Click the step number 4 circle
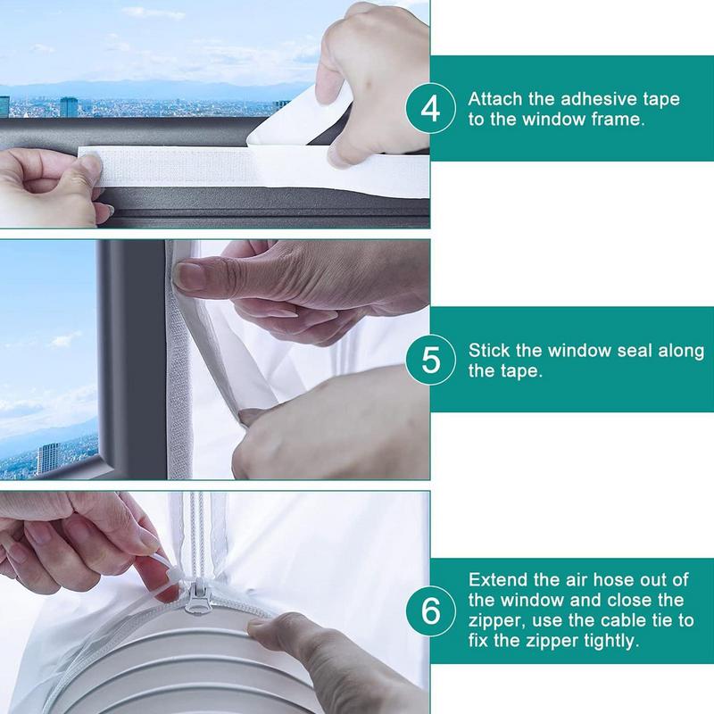click(x=430, y=108)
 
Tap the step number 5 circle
click(x=430, y=361)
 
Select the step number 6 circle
click(x=430, y=612)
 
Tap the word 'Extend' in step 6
click(x=495, y=580)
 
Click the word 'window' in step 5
click(x=577, y=351)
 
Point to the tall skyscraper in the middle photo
click(x=46, y=458)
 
